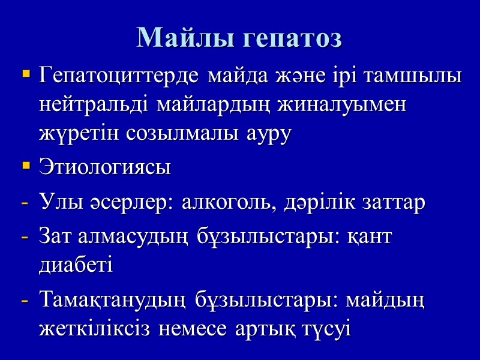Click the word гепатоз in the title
coord(292,38)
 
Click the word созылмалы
coord(179,133)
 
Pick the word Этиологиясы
coord(104,167)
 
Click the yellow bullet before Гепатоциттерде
coord(26,76)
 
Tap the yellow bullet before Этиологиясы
coord(26,165)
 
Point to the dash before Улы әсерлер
coord(25,203)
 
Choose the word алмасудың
coord(131,237)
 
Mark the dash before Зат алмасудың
coord(25,238)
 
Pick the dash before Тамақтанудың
coord(25,301)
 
